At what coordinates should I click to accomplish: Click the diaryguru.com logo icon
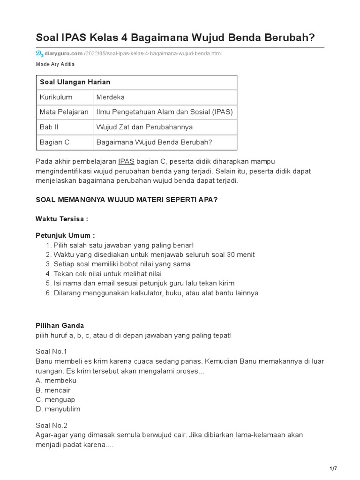(39, 53)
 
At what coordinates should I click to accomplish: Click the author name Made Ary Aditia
(55, 64)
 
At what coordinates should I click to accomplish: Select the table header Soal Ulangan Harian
(75, 82)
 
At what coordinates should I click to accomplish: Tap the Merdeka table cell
(110, 97)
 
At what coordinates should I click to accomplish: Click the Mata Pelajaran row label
(64, 112)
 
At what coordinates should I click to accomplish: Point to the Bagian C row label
(54, 142)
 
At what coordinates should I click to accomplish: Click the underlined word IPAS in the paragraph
(127, 162)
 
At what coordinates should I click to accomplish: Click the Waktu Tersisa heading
(62, 219)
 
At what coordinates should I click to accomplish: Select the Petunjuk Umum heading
(65, 235)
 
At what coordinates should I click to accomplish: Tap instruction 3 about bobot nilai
(122, 264)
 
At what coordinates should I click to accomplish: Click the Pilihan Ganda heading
(60, 325)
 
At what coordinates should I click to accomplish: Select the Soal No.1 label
(52, 352)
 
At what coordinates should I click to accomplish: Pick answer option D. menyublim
(58, 409)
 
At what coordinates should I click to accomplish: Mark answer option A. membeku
(56, 380)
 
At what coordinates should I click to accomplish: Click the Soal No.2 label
(52, 426)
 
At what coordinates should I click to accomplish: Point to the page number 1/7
(333, 469)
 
